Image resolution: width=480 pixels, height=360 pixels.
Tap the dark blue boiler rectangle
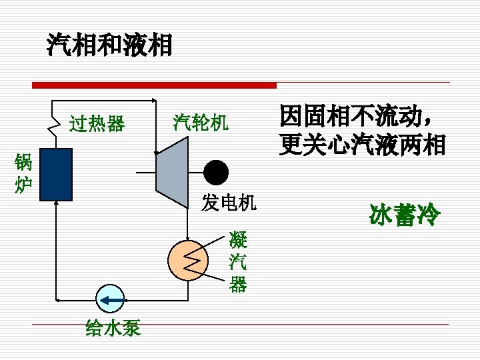tap(55, 174)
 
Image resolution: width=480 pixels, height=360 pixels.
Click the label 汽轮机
tap(201, 121)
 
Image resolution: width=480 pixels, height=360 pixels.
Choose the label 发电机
tap(229, 203)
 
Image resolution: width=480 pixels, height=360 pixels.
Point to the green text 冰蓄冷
tap(404, 215)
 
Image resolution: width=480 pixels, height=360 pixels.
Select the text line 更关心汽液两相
tap(363, 145)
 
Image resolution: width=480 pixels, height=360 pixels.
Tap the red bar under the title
tap(154, 85)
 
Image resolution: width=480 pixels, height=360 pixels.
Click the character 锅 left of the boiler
tap(23, 162)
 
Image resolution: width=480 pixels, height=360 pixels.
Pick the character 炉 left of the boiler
tap(23, 184)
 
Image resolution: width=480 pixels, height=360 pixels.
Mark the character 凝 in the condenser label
tap(237, 238)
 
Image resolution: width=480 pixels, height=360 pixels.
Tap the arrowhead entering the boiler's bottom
tap(56, 205)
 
